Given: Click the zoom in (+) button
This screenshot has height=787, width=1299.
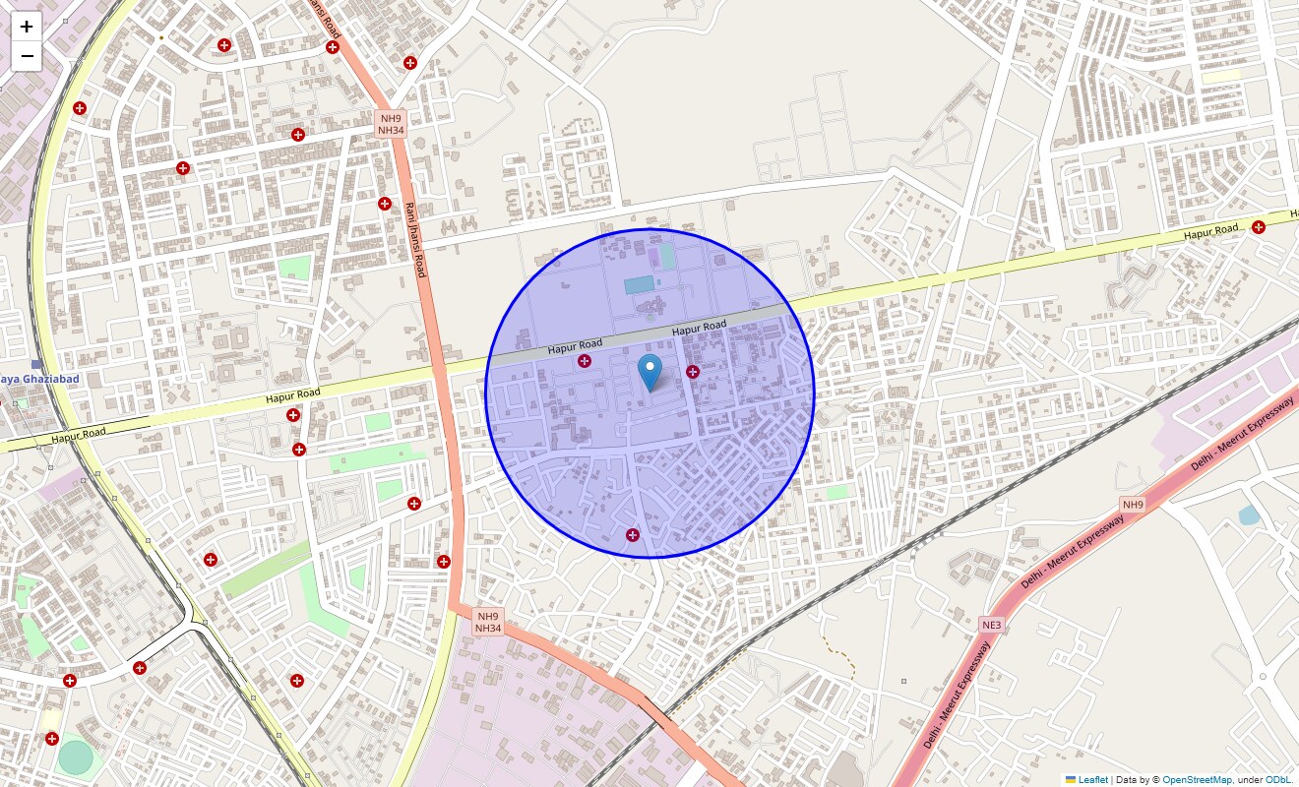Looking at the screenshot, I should point(27,27).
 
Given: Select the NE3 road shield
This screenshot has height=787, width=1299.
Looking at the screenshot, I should point(991,625).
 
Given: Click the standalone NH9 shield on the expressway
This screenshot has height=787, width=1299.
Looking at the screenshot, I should point(1134,505).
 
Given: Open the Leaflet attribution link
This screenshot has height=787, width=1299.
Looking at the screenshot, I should point(1093,779).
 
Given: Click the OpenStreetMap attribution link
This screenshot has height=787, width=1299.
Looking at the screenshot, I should point(1197,779).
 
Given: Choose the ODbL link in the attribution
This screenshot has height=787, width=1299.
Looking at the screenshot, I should point(1279,779).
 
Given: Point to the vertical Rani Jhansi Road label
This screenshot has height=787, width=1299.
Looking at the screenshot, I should point(415,239).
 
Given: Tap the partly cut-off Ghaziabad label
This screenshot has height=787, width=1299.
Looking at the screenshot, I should point(37,379).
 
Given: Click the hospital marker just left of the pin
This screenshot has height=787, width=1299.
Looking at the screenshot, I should point(585,362).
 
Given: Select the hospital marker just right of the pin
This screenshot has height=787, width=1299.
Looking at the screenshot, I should point(693,372).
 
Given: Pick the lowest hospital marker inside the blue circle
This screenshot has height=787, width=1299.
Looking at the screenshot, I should point(633,535).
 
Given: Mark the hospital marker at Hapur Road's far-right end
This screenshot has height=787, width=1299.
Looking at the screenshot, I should point(1259,227).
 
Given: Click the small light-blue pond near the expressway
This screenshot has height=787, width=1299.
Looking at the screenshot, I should point(1249,515).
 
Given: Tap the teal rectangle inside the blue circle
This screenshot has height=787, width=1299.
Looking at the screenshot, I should point(638,285).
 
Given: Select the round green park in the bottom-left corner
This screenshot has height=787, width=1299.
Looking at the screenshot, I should point(74,757).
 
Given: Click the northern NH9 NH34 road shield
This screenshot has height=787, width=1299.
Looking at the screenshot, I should point(391,124).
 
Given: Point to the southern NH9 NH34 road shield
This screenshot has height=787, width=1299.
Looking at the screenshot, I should point(488,622).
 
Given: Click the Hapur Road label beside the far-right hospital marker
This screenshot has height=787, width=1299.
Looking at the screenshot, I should point(1210,232).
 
